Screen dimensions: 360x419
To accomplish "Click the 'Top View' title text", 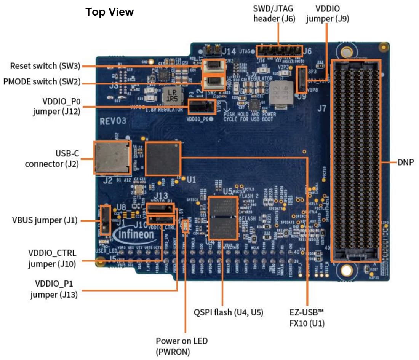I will [x=110, y=12].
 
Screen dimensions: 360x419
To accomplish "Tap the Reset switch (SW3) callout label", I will [x=45, y=66].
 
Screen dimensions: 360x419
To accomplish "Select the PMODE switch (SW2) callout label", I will [x=42, y=81].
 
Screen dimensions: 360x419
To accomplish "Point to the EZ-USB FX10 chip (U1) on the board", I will [x=163, y=158].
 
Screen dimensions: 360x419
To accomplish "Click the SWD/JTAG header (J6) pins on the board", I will [x=279, y=51].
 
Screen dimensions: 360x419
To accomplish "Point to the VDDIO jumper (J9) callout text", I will [x=328, y=13].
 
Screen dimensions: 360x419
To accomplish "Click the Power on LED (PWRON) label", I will [x=182, y=346].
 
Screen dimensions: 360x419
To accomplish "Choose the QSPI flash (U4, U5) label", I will [x=229, y=312].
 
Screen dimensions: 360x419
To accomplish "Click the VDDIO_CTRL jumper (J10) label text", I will [x=52, y=258].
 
